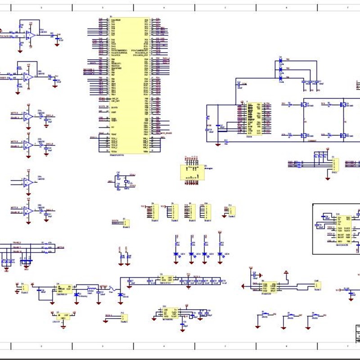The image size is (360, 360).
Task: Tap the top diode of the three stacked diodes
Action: (280, 60)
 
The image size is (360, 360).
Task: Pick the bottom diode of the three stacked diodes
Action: (280, 78)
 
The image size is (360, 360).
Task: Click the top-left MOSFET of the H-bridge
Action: (304, 105)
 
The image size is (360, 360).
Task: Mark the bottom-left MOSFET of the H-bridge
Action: (304, 135)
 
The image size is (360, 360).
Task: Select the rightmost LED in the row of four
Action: (220, 254)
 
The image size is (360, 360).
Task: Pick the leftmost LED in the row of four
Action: (176, 254)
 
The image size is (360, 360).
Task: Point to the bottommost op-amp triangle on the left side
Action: (27, 210)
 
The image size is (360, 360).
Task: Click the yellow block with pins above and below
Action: (192, 171)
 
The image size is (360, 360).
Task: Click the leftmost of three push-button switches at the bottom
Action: (265, 314)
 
